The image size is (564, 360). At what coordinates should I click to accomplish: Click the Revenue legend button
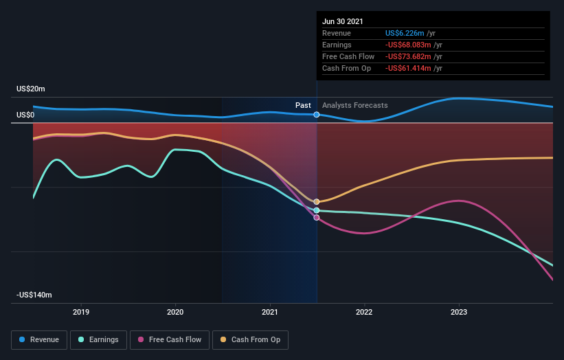tap(40, 339)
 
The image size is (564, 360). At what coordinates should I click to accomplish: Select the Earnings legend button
tap(98, 339)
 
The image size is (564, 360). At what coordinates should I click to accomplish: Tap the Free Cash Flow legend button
tap(169, 339)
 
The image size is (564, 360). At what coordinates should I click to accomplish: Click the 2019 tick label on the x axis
tap(81, 311)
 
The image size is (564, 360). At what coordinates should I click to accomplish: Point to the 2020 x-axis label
tap(175, 311)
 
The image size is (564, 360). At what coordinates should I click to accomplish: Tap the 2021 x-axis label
tap(270, 311)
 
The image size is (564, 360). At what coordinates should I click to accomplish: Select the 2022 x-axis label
tap(364, 311)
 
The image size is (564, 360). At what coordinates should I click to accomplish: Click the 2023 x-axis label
tap(459, 311)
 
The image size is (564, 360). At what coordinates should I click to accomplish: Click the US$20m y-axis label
tap(31, 89)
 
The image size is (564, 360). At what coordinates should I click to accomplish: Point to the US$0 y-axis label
tap(25, 115)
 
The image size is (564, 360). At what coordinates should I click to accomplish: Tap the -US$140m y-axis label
tap(34, 295)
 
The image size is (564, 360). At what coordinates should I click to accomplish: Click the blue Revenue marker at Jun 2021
tap(317, 115)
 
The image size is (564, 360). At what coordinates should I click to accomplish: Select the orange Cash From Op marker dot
tap(317, 202)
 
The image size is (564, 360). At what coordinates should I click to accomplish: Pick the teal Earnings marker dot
tap(317, 210)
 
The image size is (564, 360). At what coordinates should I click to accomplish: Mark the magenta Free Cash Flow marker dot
tap(317, 218)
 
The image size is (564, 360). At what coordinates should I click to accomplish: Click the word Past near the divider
tap(303, 105)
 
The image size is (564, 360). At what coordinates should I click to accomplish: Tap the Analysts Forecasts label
tap(354, 105)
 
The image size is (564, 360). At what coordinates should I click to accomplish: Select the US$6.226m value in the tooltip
tap(405, 33)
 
